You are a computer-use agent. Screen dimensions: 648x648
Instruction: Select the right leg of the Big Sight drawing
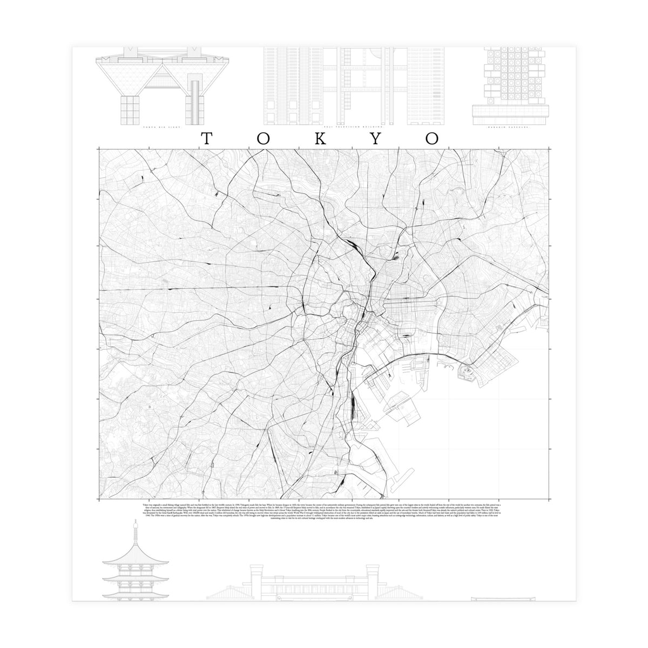pos(195,108)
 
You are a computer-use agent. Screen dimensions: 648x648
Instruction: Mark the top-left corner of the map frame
pos(99,148)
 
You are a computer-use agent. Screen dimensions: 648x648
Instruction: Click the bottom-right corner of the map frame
pos(549,499)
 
